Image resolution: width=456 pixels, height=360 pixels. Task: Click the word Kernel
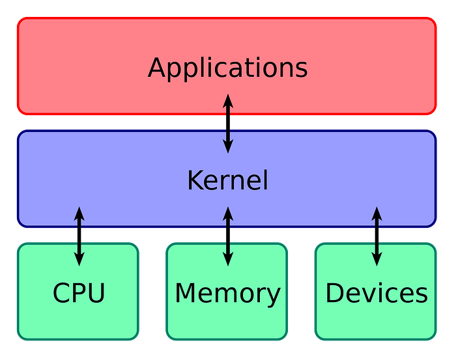click(227, 180)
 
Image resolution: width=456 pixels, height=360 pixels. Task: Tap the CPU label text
click(79, 294)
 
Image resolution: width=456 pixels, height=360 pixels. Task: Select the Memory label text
click(227, 294)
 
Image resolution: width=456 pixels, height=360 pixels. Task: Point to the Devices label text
click(377, 294)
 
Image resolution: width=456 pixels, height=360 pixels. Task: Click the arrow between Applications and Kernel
click(227, 124)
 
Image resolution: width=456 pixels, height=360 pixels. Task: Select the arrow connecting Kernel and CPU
click(79, 236)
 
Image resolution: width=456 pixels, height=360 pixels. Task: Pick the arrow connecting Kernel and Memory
click(227, 236)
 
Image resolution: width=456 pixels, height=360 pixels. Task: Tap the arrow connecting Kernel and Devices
click(377, 236)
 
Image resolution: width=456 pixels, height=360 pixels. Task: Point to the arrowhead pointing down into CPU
click(79, 259)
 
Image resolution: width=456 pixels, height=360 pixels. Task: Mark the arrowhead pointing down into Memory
click(227, 259)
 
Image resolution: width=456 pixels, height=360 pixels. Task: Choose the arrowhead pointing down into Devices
click(377, 259)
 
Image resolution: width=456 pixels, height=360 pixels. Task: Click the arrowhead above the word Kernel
click(227, 147)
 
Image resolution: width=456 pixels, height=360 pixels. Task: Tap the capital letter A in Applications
click(157, 68)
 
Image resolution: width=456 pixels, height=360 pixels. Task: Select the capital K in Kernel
click(195, 180)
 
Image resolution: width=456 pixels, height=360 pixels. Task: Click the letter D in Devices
click(334, 294)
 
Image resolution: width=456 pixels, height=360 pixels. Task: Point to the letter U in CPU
click(96, 294)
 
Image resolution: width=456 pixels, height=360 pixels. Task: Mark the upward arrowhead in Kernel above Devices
click(377, 214)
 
